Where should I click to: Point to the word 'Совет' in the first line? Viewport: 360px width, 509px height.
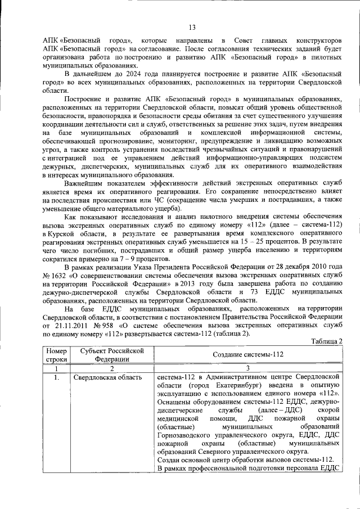click(238, 41)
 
